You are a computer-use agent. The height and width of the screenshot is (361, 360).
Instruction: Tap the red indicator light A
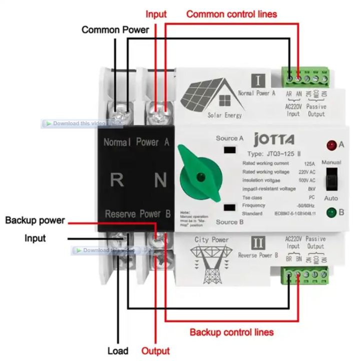tap(330, 146)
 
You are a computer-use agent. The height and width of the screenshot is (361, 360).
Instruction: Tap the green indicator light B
tap(330, 212)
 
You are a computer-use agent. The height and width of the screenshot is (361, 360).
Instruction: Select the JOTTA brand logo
tap(274, 139)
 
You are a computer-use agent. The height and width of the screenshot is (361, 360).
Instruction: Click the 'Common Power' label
tap(115, 30)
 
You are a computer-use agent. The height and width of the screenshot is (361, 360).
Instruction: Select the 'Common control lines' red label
tap(231, 14)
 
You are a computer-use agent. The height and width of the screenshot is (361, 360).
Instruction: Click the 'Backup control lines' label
tap(231, 332)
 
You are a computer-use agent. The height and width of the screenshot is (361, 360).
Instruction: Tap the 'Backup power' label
tap(35, 221)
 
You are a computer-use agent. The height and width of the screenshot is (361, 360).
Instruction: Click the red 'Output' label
tap(155, 351)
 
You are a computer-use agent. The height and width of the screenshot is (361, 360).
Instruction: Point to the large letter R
tap(117, 180)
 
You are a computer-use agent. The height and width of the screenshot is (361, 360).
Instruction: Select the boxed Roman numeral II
tap(258, 244)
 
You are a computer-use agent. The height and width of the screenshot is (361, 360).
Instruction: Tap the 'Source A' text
tap(230, 138)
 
